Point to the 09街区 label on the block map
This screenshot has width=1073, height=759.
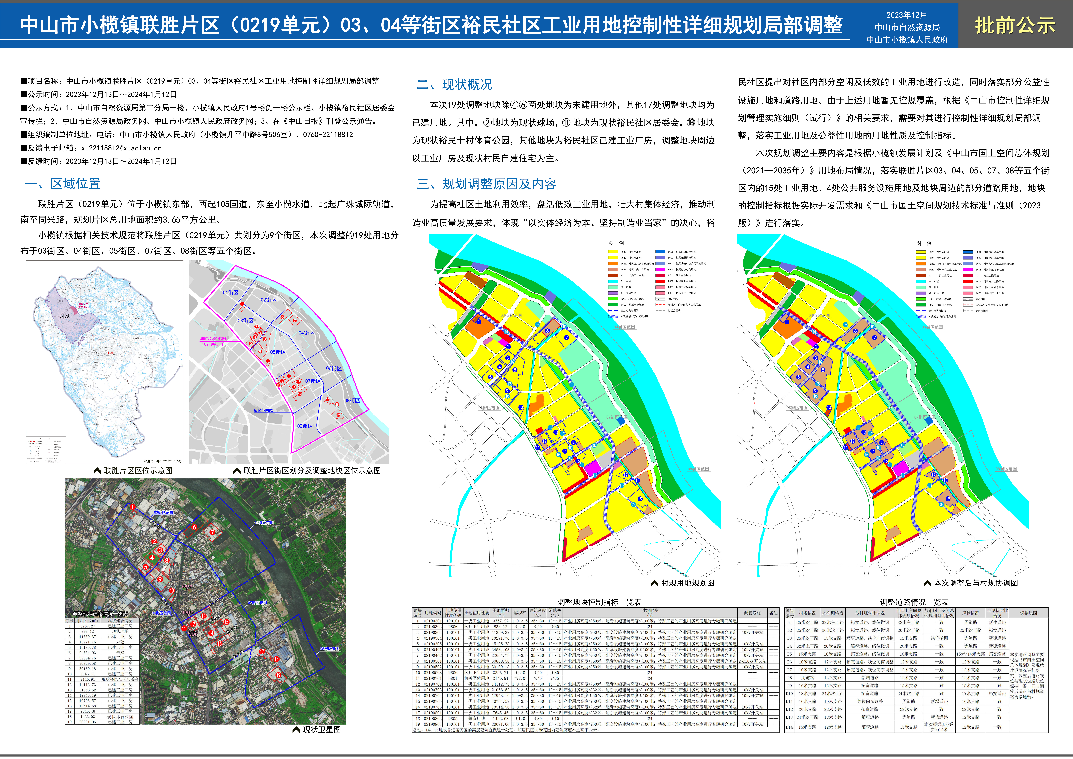click(305, 426)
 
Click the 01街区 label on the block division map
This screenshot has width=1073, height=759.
click(230, 293)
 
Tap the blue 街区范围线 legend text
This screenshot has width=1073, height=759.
click(263, 410)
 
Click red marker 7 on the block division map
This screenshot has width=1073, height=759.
click(295, 321)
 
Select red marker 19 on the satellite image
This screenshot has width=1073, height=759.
click(278, 675)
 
